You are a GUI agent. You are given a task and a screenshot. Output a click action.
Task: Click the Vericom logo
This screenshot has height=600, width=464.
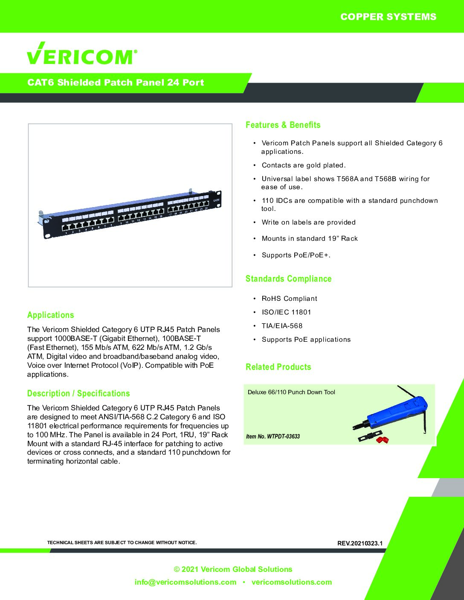tap(82, 54)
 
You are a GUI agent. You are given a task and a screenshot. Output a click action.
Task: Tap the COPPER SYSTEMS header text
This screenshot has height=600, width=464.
tap(388, 17)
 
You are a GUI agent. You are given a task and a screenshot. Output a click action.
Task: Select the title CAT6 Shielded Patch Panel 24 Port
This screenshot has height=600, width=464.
tap(116, 83)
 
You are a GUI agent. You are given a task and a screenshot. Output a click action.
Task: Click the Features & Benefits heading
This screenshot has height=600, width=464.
tap(283, 125)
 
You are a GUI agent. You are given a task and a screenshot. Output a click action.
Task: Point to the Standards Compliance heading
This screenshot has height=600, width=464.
tap(288, 279)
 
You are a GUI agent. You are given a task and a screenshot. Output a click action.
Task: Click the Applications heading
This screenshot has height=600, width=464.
tap(50, 315)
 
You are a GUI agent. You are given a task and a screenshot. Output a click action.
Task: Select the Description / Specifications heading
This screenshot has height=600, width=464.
tap(78, 393)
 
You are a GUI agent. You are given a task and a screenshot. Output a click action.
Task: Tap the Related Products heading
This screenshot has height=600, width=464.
tap(278, 367)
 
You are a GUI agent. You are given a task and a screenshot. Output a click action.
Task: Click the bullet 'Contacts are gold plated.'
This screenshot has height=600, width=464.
tap(303, 165)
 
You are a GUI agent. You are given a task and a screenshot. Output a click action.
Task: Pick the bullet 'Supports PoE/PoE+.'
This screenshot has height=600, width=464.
tap(296, 255)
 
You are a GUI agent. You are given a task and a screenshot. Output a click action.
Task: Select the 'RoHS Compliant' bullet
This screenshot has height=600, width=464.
tap(289, 299)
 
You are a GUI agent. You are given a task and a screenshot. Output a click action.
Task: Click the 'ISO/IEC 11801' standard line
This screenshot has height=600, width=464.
tap(286, 312)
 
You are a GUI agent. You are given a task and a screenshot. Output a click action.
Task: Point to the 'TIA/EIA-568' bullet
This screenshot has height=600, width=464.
tap(282, 326)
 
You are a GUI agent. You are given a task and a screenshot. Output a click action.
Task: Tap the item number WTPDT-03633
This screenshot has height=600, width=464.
tap(273, 436)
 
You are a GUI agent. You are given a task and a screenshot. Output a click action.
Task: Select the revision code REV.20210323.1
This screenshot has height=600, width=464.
tap(360, 543)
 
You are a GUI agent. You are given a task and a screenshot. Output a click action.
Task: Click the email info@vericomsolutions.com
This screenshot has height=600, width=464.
tap(185, 582)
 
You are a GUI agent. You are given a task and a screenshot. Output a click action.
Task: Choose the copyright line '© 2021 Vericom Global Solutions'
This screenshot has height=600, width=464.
tap(233, 569)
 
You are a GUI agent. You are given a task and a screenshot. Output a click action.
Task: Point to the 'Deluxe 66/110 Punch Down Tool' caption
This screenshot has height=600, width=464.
tap(291, 392)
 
